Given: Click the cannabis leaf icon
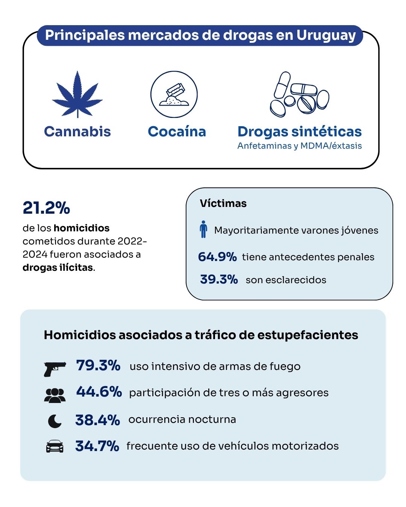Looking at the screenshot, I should click(77, 95).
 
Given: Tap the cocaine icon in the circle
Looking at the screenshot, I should click(174, 95).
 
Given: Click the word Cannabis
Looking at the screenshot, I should click(77, 131).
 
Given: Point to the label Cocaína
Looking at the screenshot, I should click(177, 131).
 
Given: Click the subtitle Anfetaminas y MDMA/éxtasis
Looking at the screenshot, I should click(300, 146).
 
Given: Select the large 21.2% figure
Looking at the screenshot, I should click(46, 208).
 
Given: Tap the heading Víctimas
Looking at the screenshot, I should click(223, 204).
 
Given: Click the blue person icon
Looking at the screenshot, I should click(203, 229).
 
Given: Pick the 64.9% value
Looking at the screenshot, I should click(217, 257).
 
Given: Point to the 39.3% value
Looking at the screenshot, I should click(219, 279).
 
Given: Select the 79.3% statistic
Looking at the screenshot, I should click(98, 365).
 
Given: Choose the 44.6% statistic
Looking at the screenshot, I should click(99, 392).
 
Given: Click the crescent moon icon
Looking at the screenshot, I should click(55, 421).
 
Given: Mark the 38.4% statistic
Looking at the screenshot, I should click(97, 420).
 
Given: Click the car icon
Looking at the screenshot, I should click(55, 446).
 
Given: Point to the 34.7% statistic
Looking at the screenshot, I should click(97, 446).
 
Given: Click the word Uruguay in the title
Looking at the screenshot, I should click(326, 35).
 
